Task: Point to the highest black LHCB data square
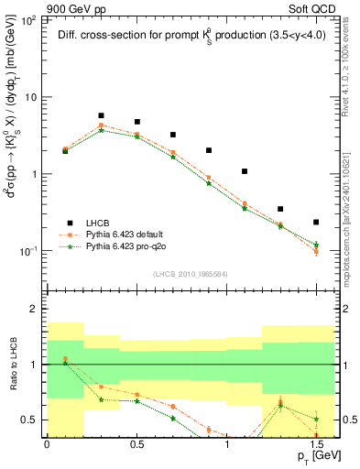click(101, 116)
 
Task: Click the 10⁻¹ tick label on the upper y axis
click(27, 251)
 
